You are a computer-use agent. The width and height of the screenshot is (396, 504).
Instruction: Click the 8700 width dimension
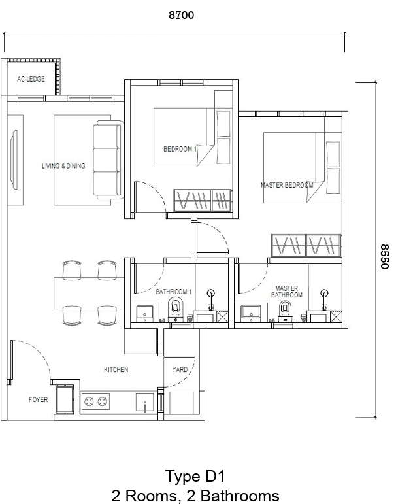point(181,15)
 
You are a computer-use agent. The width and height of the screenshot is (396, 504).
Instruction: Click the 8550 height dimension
point(384,256)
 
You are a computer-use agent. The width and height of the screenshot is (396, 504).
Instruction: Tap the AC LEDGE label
point(31,79)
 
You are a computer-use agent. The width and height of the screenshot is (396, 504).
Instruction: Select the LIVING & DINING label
point(63,166)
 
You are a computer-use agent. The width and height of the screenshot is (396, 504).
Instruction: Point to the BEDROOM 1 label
point(180,149)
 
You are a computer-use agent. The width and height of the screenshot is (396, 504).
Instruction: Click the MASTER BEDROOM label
point(287,185)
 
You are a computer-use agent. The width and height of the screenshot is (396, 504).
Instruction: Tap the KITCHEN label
point(116,369)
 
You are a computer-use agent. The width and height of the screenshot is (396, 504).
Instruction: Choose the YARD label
point(180,369)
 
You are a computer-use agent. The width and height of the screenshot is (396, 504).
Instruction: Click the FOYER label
point(39,399)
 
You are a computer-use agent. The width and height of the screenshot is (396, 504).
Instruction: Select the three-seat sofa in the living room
point(108,160)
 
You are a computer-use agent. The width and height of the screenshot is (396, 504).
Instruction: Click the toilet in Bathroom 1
point(176,309)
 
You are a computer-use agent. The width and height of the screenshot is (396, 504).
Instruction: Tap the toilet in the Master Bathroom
point(285,311)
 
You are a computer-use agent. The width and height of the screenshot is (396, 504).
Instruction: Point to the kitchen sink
point(144,402)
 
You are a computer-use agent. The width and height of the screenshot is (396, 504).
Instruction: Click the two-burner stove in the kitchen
point(96,401)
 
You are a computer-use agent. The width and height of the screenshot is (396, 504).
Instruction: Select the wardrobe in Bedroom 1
point(203,201)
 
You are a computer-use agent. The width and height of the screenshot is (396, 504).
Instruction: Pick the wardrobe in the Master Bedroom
point(306,246)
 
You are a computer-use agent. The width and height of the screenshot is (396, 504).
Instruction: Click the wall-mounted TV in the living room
point(14,160)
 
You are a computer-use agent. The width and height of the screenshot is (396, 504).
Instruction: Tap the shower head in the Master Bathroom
point(324,293)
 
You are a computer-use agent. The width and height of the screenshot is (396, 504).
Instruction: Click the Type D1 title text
point(195,476)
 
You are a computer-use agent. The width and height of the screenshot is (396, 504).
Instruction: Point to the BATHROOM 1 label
point(174,292)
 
